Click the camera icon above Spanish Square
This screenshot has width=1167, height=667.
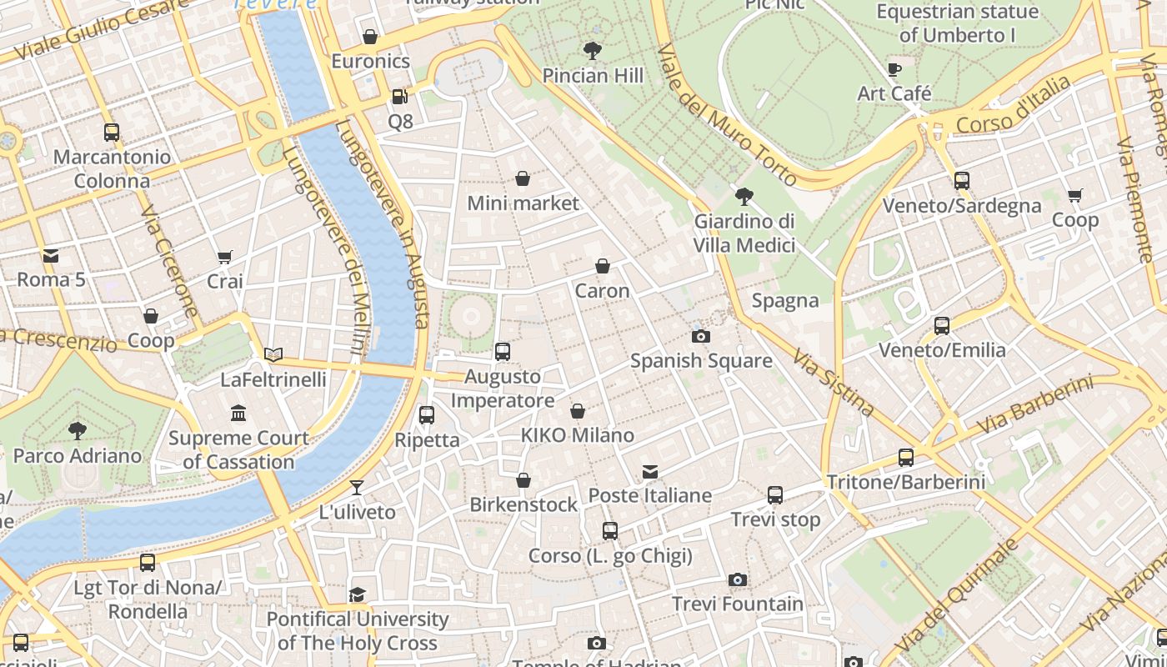(701, 336)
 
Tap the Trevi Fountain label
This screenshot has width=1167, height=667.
(738, 604)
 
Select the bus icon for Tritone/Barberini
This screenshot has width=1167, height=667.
(906, 457)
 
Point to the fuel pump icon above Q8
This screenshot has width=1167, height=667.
(400, 97)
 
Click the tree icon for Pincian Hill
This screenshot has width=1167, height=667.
(593, 51)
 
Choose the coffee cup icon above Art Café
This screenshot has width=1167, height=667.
(894, 69)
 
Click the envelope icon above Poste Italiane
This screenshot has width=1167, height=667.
(650, 472)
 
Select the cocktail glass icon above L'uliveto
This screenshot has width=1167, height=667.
(357, 487)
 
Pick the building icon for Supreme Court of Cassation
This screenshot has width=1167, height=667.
(238, 413)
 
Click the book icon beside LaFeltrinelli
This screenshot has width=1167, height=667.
(273, 354)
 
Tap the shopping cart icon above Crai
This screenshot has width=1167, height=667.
(224, 257)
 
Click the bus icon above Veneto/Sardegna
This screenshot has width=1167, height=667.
(962, 181)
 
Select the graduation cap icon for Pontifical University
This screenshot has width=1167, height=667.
(357, 594)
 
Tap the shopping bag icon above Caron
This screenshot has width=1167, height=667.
(602, 266)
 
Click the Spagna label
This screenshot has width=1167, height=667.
(784, 301)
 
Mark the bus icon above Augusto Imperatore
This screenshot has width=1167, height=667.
(502, 352)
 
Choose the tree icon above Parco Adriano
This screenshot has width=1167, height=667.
(78, 431)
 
